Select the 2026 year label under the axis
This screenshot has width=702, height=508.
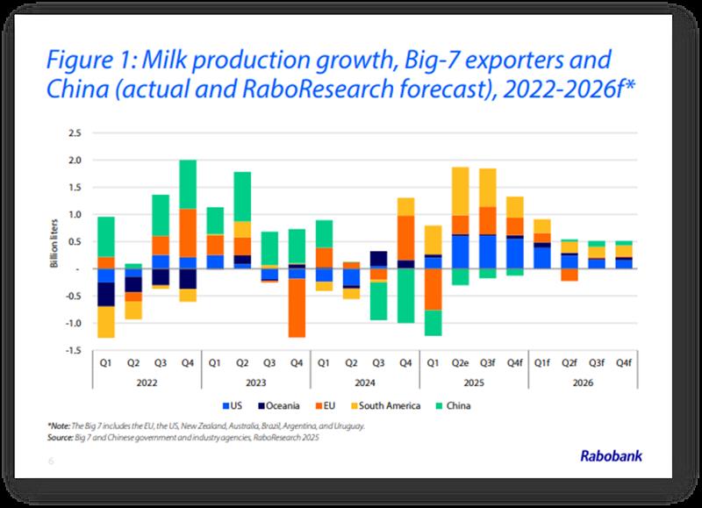click(x=583, y=383)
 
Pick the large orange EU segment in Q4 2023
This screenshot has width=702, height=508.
click(x=297, y=307)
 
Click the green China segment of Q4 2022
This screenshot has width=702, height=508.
click(x=187, y=184)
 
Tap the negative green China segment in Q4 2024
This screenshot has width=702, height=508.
click(x=405, y=296)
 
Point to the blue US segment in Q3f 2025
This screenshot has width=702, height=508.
click(x=487, y=252)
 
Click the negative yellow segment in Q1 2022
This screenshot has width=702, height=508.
click(x=106, y=321)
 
